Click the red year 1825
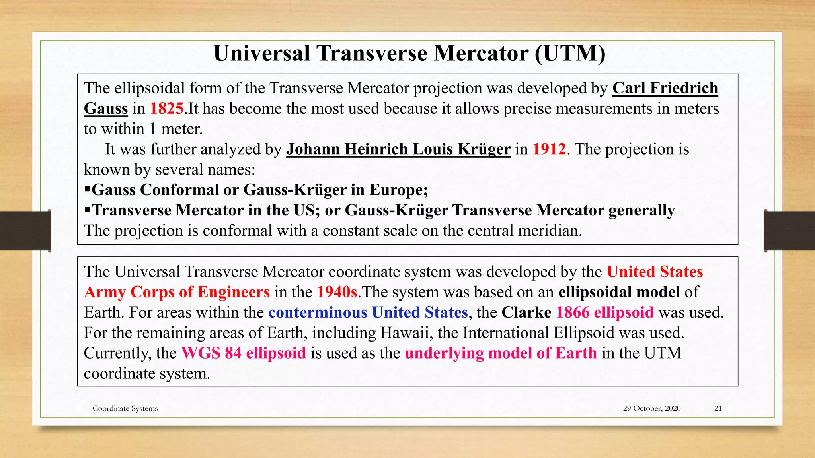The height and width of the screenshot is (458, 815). (167, 109)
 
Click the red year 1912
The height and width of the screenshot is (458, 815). (549, 149)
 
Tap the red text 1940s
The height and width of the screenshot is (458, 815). (337, 292)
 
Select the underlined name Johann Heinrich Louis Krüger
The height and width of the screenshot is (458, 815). (398, 149)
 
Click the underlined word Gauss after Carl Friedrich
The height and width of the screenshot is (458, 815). (106, 109)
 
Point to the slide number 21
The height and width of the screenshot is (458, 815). (718, 408)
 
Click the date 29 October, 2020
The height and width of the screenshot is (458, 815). (651, 408)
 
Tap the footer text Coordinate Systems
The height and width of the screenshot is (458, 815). (125, 408)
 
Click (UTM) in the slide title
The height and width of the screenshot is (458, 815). (570, 53)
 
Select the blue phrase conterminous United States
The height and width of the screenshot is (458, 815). (368, 312)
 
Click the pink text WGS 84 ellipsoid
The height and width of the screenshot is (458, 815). (244, 353)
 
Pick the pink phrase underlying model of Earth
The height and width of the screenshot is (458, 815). (501, 353)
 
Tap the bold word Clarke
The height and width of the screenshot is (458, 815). (526, 312)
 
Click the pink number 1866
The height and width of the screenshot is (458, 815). (572, 312)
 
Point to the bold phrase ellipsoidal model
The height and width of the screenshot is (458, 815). (619, 292)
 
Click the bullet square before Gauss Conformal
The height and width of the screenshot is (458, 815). (88, 189)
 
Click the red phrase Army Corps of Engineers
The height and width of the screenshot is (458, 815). (177, 292)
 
